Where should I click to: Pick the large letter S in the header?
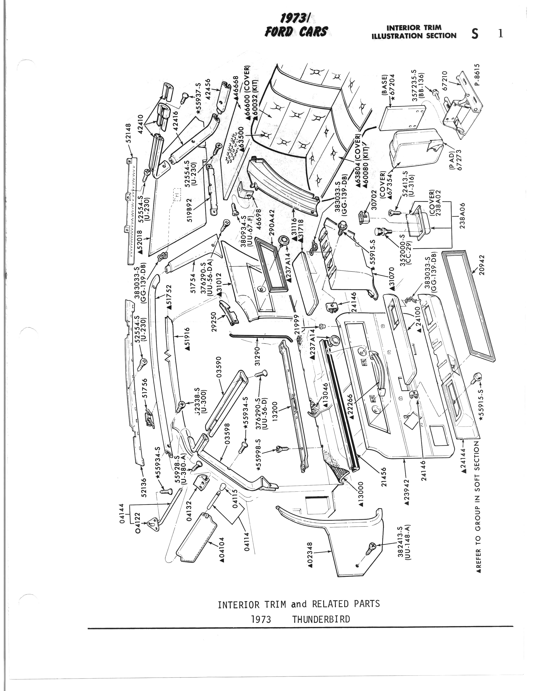[x=474, y=34]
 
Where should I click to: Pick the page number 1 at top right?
[x=500, y=34]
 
